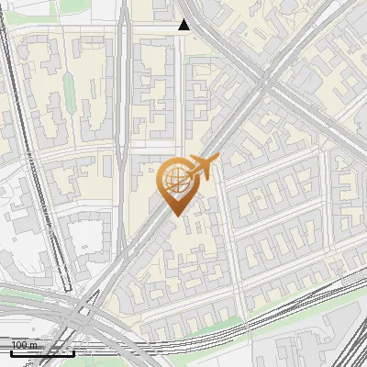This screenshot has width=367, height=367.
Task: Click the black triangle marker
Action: click(184, 25)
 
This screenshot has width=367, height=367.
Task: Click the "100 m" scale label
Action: click(26, 345)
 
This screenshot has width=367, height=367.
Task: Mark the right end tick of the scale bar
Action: click(74, 350)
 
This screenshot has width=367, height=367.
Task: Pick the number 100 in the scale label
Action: click(20, 345)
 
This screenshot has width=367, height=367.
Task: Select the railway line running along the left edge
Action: click(37, 183)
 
